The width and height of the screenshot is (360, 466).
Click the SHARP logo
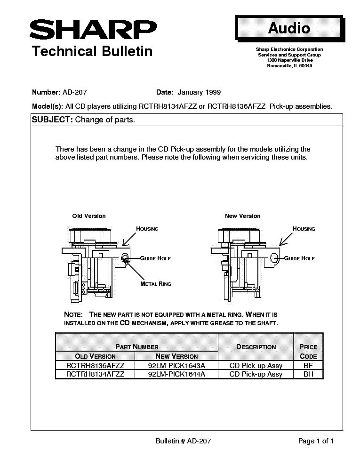[x=93, y=30]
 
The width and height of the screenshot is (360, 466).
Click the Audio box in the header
[x=289, y=28]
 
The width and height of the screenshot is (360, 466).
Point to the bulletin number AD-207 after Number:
[x=74, y=92]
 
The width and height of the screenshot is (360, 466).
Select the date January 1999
[x=199, y=92]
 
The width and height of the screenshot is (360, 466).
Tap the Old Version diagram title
[x=89, y=216]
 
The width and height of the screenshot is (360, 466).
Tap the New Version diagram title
[x=243, y=216]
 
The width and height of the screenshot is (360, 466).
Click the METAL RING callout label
[x=156, y=284]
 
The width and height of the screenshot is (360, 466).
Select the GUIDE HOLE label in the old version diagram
[x=155, y=258]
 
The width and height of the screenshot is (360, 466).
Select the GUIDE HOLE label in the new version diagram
[x=299, y=258]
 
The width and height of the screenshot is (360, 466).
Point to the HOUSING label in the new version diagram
[x=304, y=229]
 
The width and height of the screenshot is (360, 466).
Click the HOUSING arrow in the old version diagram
[x=129, y=239]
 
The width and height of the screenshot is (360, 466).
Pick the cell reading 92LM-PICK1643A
[x=176, y=366]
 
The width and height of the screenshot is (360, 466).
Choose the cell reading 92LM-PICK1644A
[x=176, y=374]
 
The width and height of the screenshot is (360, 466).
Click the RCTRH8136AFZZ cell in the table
[x=96, y=366]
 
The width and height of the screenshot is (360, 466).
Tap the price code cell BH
[x=308, y=374]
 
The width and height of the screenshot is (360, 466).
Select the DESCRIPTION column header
[x=256, y=347]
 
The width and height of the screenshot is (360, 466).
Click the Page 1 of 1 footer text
[x=316, y=441]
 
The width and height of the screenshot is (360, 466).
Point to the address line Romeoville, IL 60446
[x=289, y=66]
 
